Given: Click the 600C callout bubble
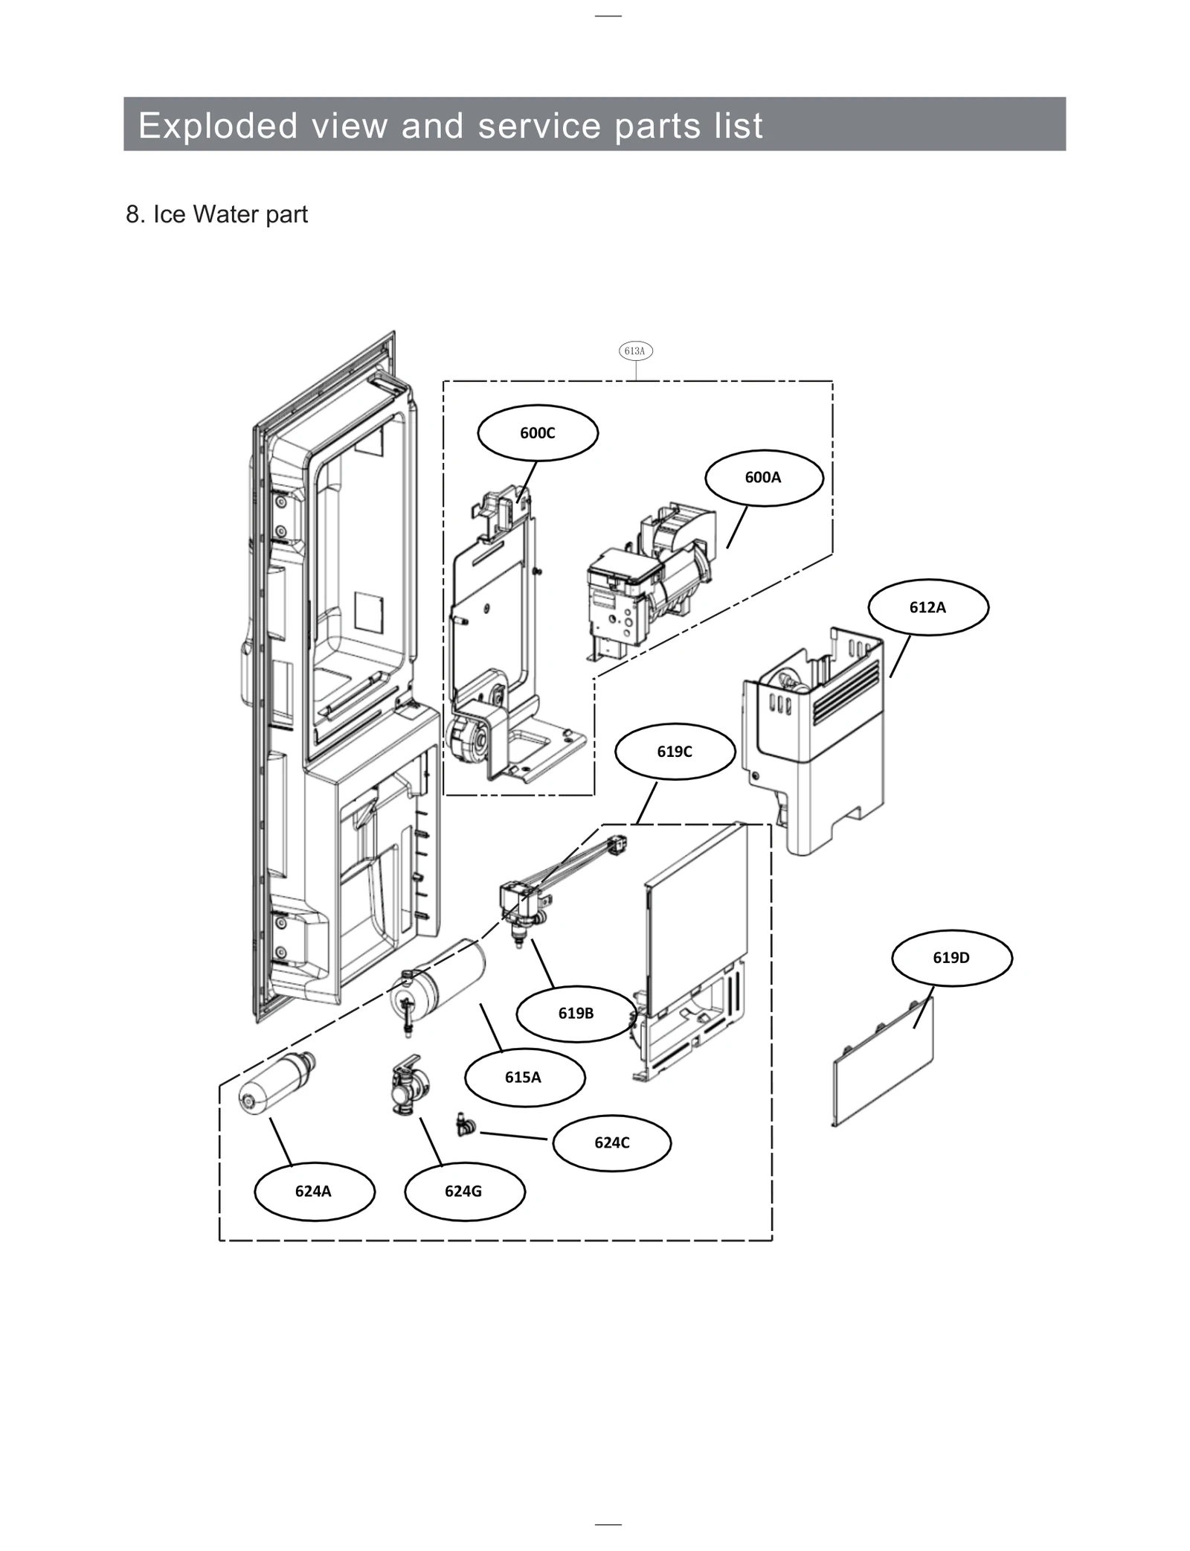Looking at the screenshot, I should (x=537, y=433).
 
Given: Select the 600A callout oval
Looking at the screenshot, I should (x=763, y=478).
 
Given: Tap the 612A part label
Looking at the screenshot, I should (x=927, y=607).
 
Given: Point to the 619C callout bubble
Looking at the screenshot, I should (x=675, y=752).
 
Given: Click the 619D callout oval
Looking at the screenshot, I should (x=951, y=958).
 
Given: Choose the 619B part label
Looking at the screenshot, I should (x=576, y=1014).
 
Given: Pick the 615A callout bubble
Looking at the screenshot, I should (x=524, y=1078).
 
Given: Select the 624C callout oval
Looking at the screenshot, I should (x=611, y=1142).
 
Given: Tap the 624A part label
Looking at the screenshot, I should (x=313, y=1192).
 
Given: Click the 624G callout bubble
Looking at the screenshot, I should (x=463, y=1192).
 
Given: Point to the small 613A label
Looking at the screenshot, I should (x=635, y=351).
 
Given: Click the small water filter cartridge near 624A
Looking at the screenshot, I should (x=276, y=1084).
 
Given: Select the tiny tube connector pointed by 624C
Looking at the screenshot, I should (x=465, y=1125).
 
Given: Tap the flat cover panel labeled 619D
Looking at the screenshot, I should (x=883, y=1063).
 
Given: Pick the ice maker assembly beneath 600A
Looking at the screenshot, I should (x=651, y=577).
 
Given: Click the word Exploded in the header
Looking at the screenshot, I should (x=217, y=125).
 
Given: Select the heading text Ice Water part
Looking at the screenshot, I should (x=230, y=214).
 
